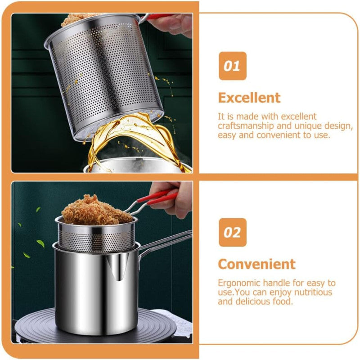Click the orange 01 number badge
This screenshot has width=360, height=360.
point(232,66)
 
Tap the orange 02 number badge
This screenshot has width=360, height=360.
point(233,232)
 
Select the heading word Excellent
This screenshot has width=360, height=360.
point(249,98)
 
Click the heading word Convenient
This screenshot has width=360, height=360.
point(256,264)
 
